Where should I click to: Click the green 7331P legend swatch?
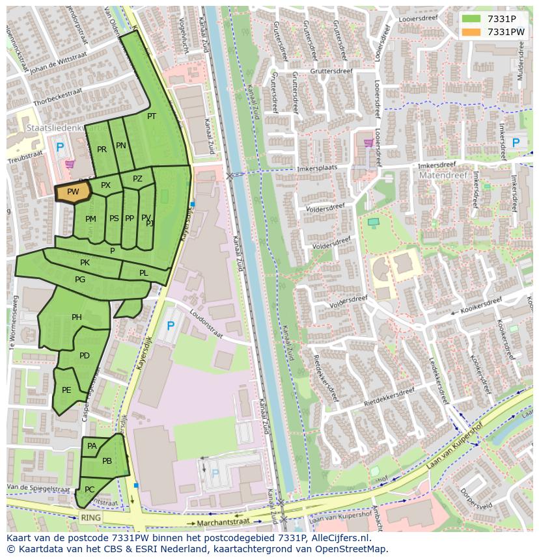coord(471,19)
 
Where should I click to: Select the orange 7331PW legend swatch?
coord(471,32)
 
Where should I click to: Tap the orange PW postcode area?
coord(72,192)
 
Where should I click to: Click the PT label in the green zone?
coord(152,116)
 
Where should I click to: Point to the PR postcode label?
coord(102,150)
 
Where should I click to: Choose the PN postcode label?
coord(121,146)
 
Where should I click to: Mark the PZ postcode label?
coord(137,179)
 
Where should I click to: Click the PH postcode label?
coord(77,317)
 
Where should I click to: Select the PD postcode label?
coord(85,356)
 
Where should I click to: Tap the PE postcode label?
coord(66,390)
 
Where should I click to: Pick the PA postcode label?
coord(92,446)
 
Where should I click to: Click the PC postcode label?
coord(90,489)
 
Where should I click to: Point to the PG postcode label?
coord(80,280)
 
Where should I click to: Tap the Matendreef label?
coord(439,176)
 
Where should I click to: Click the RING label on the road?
coord(92,518)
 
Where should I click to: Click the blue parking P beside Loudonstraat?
coord(171,325)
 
